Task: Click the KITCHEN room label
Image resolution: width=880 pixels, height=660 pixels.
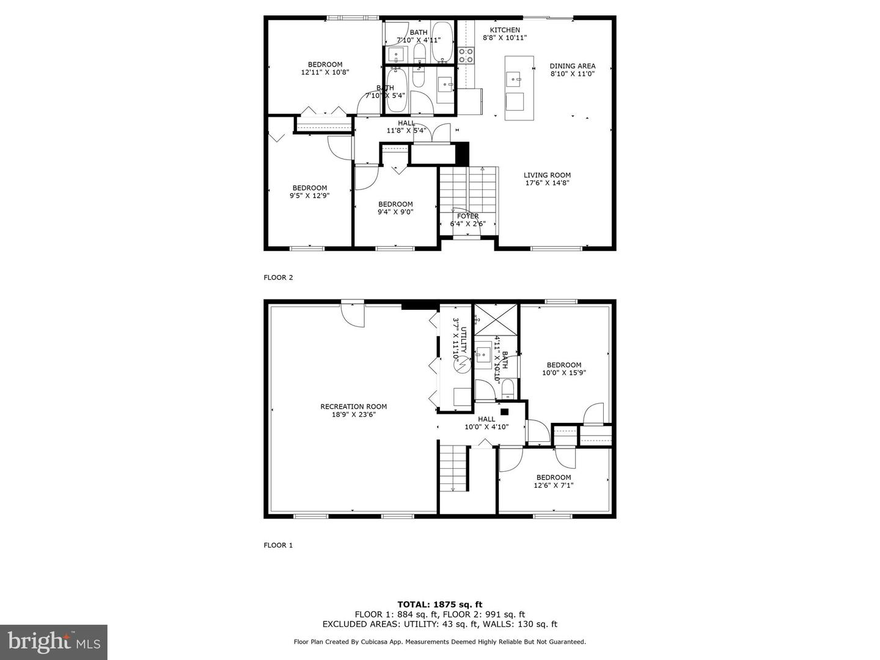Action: [x=505, y=30]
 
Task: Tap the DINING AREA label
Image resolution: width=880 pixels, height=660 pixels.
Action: [x=573, y=66]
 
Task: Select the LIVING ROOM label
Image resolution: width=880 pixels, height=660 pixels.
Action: [x=547, y=175]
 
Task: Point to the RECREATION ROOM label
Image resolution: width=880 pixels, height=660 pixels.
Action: [x=354, y=407]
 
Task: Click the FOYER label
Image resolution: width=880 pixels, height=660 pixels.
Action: [x=468, y=216]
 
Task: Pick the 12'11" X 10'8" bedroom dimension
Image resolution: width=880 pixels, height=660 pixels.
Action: [x=325, y=73]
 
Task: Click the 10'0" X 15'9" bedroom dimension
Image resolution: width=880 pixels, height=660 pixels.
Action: [x=564, y=373]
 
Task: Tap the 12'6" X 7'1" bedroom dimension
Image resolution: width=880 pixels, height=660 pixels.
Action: [x=554, y=485]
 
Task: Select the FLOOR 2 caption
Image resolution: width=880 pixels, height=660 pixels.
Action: [x=278, y=277]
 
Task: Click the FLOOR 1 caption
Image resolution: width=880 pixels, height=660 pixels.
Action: [x=278, y=545]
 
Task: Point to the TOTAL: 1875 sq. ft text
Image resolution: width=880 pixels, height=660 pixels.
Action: [x=440, y=604]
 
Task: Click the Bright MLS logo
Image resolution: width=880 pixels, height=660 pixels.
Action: [x=54, y=642]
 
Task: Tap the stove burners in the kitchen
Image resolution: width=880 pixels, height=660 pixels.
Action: [x=466, y=55]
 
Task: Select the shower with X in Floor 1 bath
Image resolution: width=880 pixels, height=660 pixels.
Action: [x=496, y=320]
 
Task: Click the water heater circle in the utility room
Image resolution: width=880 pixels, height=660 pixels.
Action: [x=462, y=365]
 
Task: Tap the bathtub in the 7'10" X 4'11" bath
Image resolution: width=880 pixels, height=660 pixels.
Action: [x=442, y=42]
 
